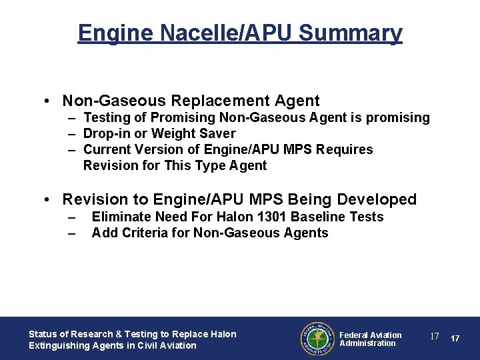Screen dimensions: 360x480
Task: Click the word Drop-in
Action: pos(107,134)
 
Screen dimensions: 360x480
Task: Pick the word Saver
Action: pos(217,134)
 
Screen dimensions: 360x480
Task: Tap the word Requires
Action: pos(343,150)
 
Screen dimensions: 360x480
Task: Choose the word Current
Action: pos(108,150)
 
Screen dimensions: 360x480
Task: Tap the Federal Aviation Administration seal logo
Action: pos(317,339)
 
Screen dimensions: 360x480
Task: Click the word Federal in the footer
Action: pos(354,335)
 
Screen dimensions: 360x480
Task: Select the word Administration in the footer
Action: pos(367,343)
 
